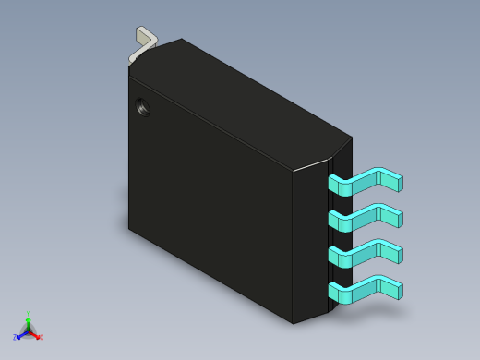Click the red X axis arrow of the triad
tap(35, 335)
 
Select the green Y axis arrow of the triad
tap(28, 322)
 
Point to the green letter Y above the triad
tap(28, 314)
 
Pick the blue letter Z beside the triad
tap(15, 338)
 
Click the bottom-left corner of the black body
tap(129, 227)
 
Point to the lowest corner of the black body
tap(294, 323)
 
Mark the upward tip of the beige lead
tap(141, 30)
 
